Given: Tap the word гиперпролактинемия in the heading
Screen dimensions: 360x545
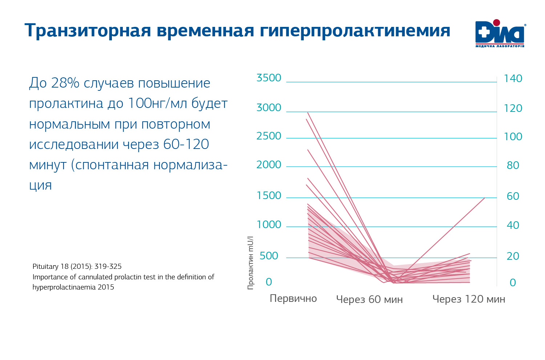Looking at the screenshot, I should pyautogui.click(x=355, y=31).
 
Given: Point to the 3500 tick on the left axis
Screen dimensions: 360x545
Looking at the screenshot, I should pyautogui.click(x=269, y=78).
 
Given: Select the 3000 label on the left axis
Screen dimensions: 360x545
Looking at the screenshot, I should pyautogui.click(x=269, y=108).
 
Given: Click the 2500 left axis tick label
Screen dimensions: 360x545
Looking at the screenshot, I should pyautogui.click(x=269, y=136).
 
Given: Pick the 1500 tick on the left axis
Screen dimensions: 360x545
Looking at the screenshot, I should pyautogui.click(x=269, y=195).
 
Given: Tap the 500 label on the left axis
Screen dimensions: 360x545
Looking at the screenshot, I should pyautogui.click(x=269, y=256).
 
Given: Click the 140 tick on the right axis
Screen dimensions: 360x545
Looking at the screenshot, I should pyautogui.click(x=513, y=78).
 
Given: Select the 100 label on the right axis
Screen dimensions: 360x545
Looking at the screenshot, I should pyautogui.click(x=513, y=137).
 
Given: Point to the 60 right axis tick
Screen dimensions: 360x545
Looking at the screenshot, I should pyautogui.click(x=513, y=196).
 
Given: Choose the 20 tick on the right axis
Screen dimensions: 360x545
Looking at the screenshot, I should pyautogui.click(x=513, y=256).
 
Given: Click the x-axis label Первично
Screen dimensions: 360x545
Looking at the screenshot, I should pyautogui.click(x=293, y=299).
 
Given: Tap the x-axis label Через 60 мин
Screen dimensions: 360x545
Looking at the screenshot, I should pyautogui.click(x=369, y=299).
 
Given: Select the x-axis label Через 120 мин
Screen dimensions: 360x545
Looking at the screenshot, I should pyautogui.click(x=469, y=299).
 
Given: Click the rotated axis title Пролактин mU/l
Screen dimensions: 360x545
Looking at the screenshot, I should pyautogui.click(x=250, y=263).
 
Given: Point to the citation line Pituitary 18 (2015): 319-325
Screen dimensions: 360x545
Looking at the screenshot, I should pyautogui.click(x=77, y=266).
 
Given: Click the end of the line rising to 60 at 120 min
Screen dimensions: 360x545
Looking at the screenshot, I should pyautogui.click(x=485, y=198).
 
